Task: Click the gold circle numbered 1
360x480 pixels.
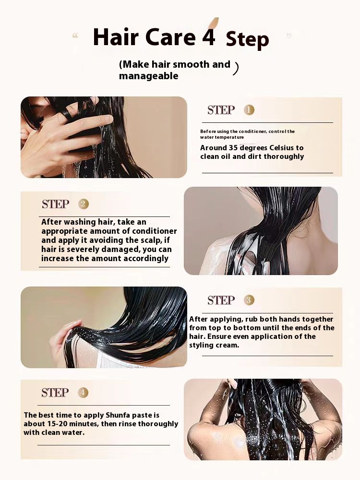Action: point(249,110)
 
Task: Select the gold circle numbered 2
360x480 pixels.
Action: point(83,204)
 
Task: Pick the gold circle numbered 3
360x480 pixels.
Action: point(249,300)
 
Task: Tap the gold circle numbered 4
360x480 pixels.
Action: point(83,393)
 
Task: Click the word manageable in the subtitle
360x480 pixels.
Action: point(148,76)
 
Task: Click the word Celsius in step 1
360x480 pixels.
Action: point(280,148)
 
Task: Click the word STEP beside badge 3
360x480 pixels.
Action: point(221,300)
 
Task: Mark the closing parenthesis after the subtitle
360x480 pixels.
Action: point(235,68)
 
